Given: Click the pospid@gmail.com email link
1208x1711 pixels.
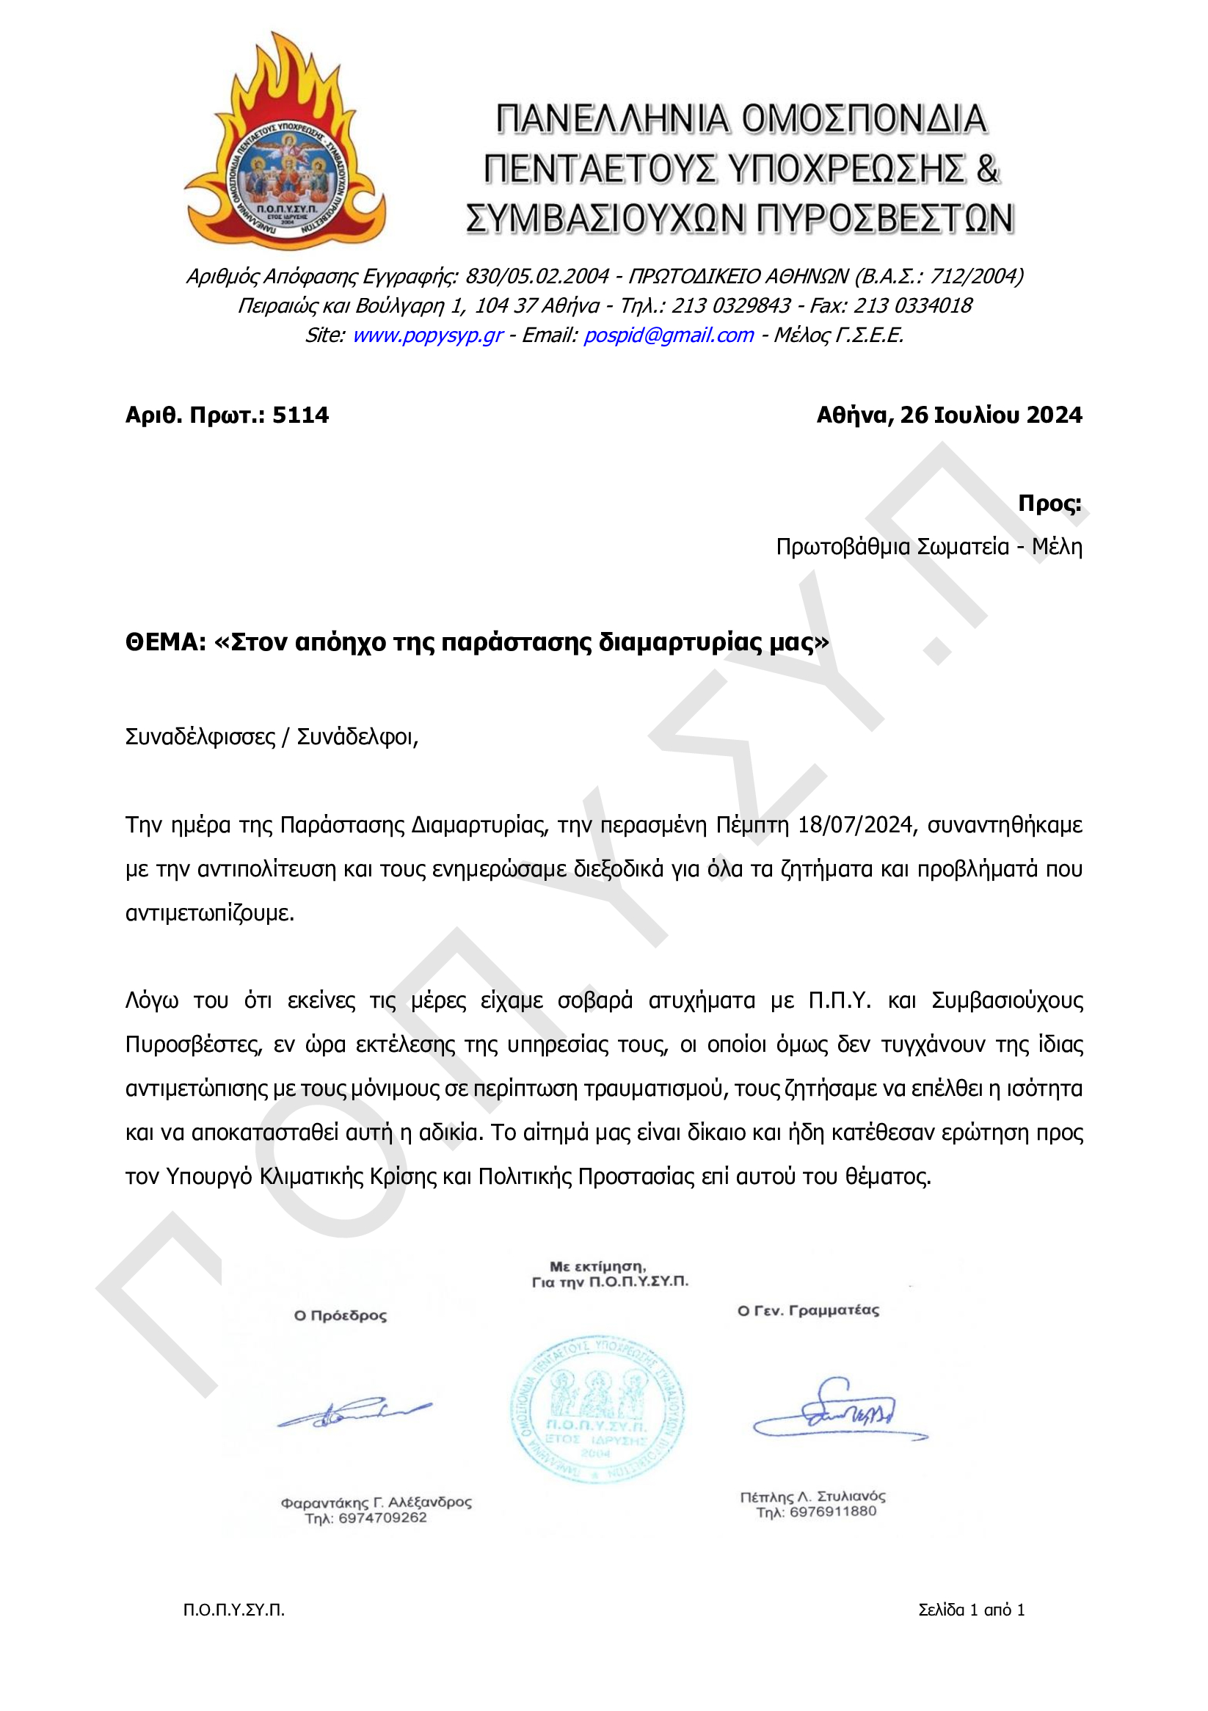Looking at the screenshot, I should (668, 335).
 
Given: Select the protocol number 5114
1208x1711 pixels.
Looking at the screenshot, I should (300, 415).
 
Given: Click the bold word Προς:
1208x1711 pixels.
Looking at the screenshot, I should (1049, 504).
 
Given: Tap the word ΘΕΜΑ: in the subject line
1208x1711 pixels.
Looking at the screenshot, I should (164, 642).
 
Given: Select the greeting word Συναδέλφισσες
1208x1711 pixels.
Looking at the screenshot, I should (200, 737).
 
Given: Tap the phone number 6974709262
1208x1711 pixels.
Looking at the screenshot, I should (382, 1518).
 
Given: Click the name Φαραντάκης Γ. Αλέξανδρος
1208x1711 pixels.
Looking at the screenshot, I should (376, 1503).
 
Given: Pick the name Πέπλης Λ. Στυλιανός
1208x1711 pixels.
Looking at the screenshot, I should (812, 1497).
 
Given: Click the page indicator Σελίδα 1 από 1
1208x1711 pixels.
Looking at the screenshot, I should (971, 1610).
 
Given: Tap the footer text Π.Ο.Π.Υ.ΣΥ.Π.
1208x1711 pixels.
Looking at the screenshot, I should (234, 1610).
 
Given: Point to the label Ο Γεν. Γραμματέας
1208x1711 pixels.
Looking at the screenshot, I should (808, 1311).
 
